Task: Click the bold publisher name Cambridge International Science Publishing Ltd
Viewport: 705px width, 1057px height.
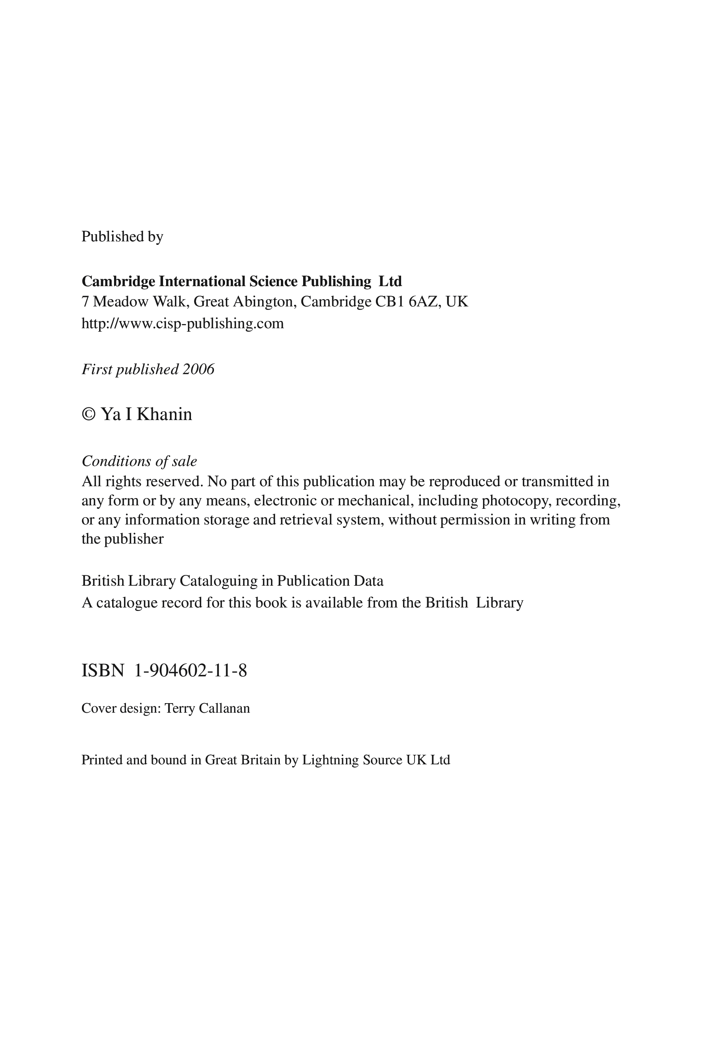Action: (x=242, y=281)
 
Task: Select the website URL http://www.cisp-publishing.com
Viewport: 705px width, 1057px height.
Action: (x=183, y=323)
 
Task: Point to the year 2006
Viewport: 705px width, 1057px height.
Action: (x=198, y=370)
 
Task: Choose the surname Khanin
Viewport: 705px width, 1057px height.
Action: (x=164, y=414)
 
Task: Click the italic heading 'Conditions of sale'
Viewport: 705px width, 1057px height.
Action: (x=139, y=461)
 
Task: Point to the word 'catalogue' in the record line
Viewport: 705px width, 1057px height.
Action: (x=127, y=602)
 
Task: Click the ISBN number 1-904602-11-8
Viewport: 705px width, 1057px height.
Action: (x=191, y=671)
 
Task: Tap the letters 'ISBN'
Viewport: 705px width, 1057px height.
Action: (x=103, y=671)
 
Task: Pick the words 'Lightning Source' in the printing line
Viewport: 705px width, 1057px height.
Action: (x=352, y=759)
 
